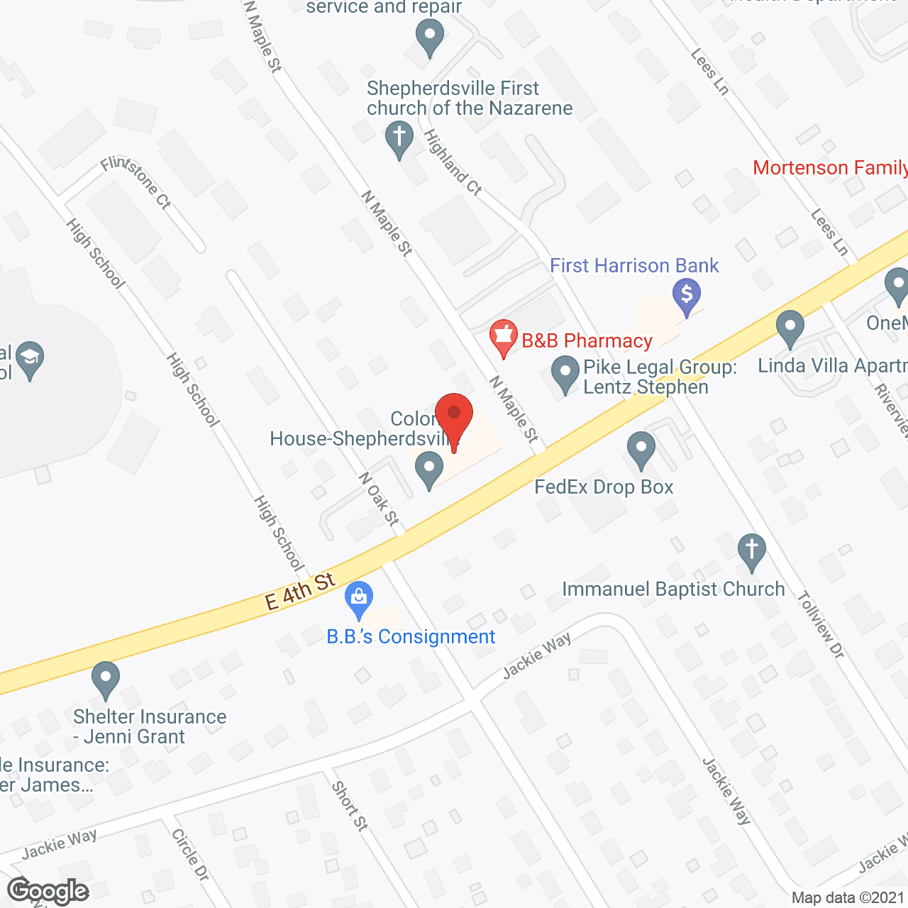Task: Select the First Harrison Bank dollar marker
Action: [x=687, y=294]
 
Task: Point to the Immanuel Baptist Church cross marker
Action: [x=751, y=550]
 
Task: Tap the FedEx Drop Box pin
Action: [x=641, y=448]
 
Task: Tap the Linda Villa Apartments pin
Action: [x=790, y=327]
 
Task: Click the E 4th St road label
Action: [x=299, y=592]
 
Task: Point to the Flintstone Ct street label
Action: [x=136, y=182]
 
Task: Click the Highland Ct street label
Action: [x=453, y=162]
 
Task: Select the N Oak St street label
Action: [x=379, y=499]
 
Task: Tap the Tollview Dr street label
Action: [x=821, y=625]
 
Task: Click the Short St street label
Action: [x=350, y=806]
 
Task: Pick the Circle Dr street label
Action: [x=190, y=856]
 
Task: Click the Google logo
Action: [x=48, y=891]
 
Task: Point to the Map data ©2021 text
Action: [x=848, y=898]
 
